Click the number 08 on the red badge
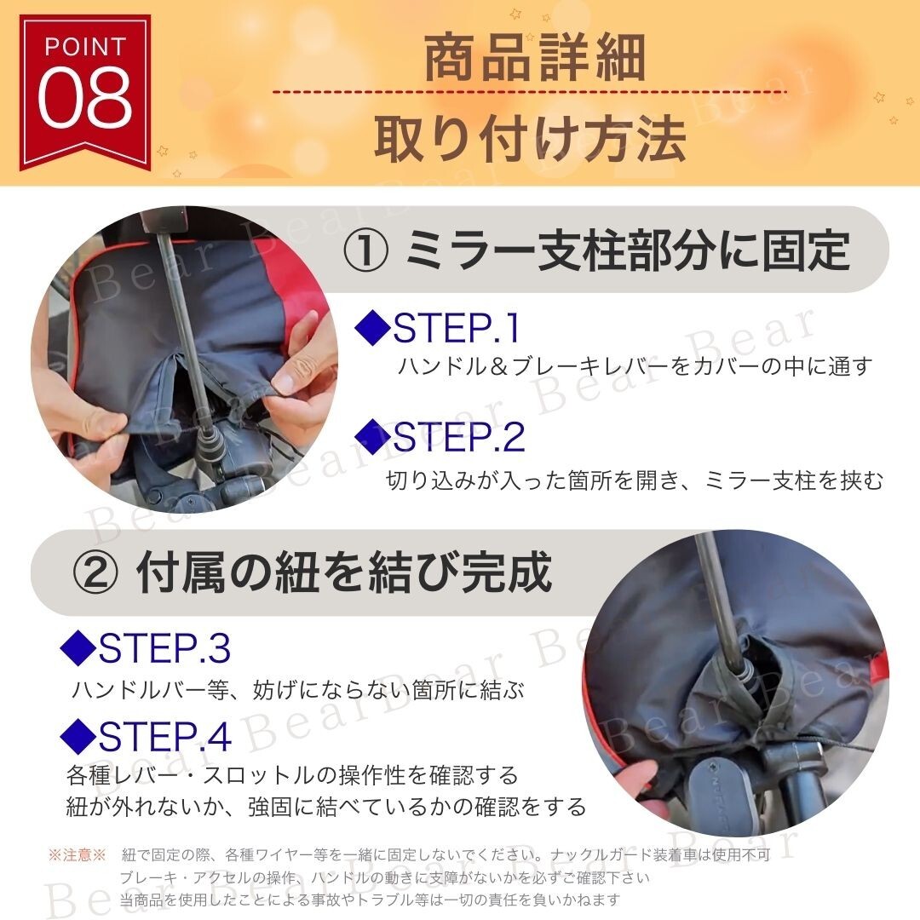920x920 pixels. (86, 98)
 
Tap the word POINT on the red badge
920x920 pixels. (86, 47)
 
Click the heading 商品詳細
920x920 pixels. (534, 58)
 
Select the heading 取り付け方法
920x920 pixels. (530, 138)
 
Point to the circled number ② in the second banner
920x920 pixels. (96, 573)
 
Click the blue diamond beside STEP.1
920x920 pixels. (372, 327)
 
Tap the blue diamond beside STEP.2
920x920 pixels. (372, 436)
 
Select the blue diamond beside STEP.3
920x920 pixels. (78, 647)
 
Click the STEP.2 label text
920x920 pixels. (459, 437)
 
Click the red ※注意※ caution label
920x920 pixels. (77, 854)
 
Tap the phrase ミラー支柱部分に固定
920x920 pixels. (627, 250)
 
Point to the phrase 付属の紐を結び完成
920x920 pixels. (344, 572)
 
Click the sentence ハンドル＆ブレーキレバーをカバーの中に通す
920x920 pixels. (635, 366)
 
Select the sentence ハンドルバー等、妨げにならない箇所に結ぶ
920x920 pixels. (298, 689)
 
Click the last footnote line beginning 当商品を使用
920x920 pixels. (370, 900)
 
